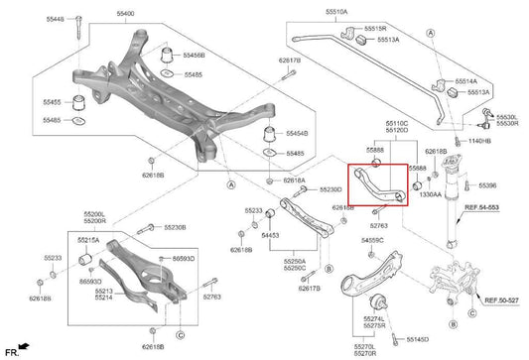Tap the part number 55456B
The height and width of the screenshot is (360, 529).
[x=194, y=55]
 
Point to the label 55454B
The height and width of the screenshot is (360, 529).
[x=296, y=133]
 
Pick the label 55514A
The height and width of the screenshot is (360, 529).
[x=465, y=80]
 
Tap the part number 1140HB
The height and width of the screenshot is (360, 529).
[x=479, y=142]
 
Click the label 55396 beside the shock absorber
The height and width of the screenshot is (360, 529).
[x=487, y=185]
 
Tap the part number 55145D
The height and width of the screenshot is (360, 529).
[x=416, y=339]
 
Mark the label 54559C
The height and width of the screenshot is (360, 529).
[x=372, y=240]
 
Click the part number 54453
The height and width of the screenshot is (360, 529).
[x=271, y=234]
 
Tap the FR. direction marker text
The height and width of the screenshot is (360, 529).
[x=12, y=351]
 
